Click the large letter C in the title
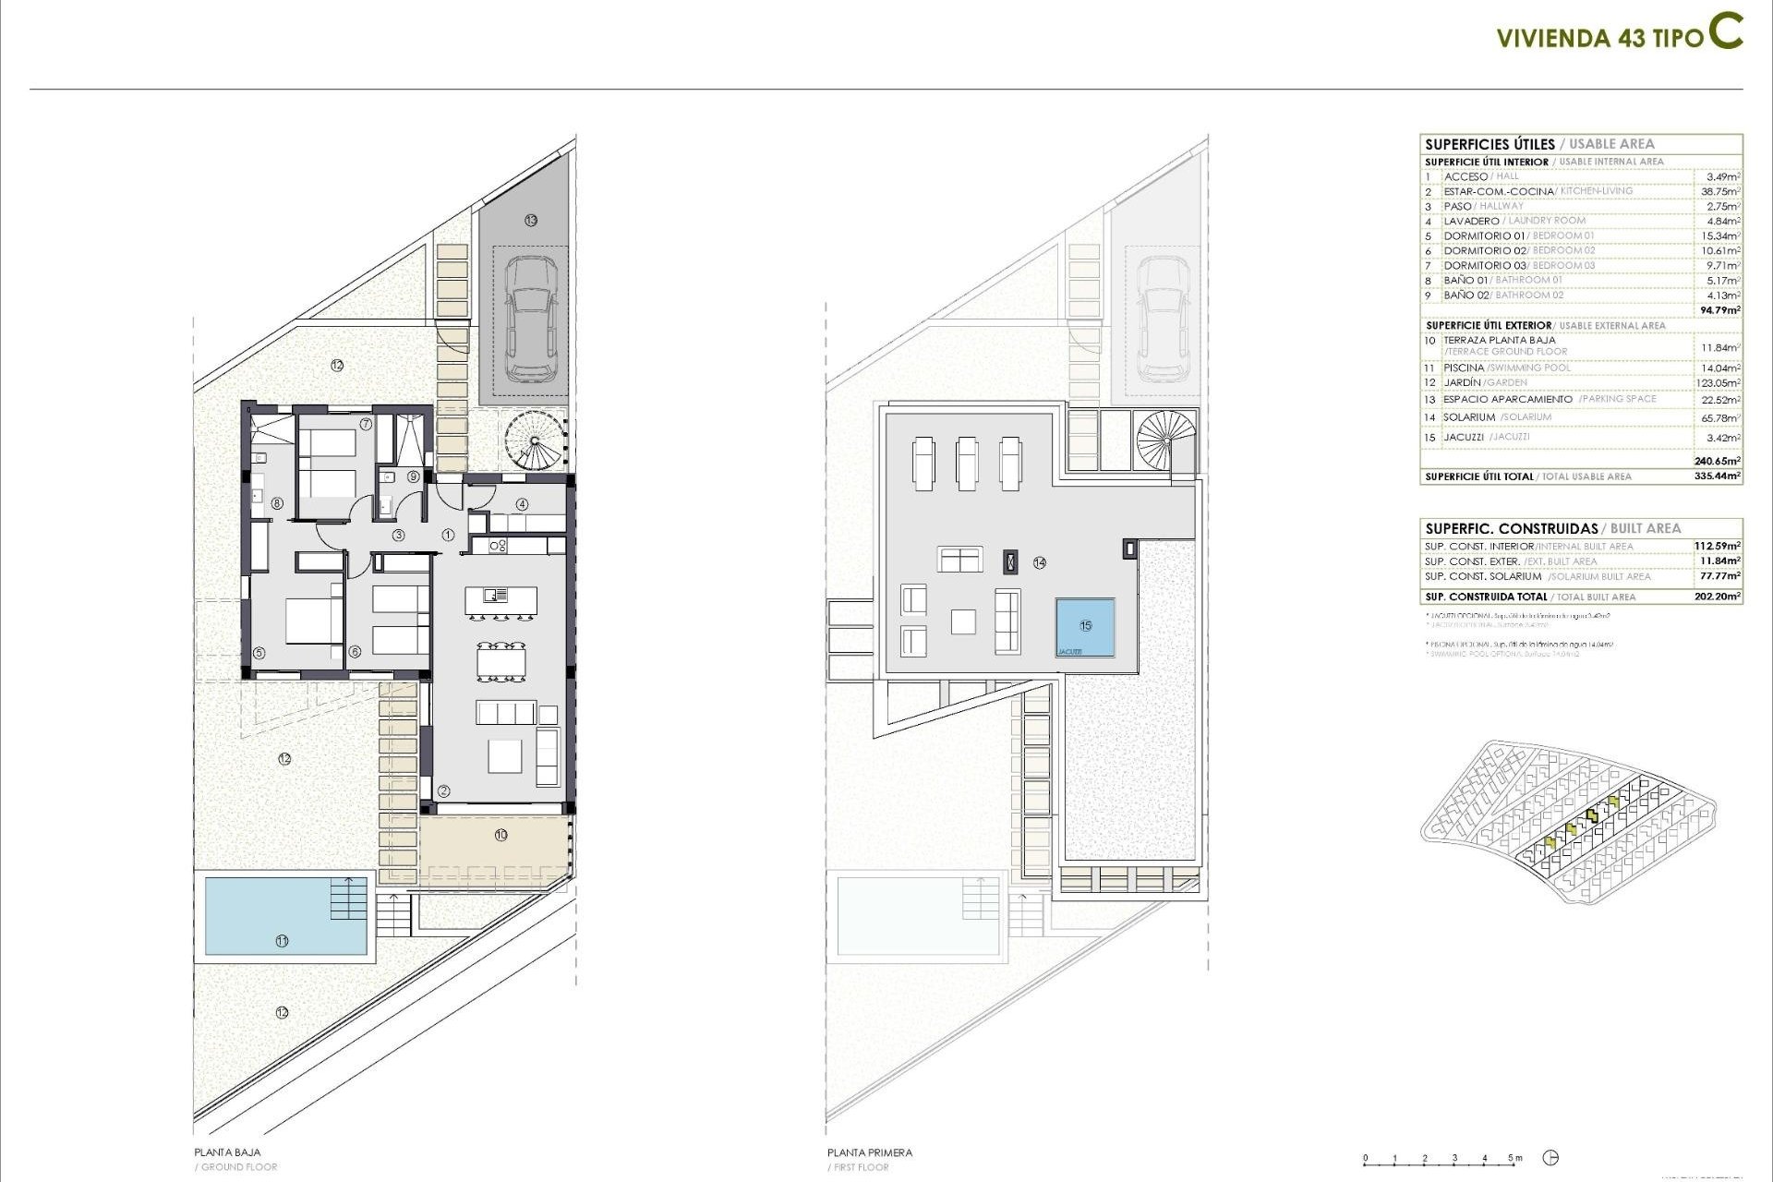click(x=1724, y=31)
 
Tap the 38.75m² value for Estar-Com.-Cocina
click(x=1720, y=191)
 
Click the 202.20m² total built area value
click(x=1717, y=597)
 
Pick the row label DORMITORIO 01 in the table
click(x=1484, y=235)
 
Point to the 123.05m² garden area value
click(x=1720, y=383)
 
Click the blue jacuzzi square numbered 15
click(x=1085, y=626)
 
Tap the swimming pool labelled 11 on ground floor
click(x=282, y=916)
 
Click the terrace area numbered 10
click(x=501, y=835)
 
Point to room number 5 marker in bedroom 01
click(x=259, y=653)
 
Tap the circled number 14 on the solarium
click(x=1040, y=562)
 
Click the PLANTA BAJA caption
click(x=227, y=1152)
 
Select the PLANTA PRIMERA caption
click(x=869, y=1152)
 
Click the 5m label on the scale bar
click(x=1514, y=1158)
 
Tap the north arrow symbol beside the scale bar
click(x=1551, y=1158)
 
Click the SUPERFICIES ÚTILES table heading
click(x=1490, y=144)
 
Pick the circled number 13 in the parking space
click(x=530, y=220)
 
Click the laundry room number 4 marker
click(x=522, y=504)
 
